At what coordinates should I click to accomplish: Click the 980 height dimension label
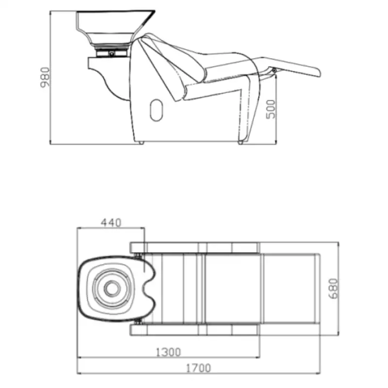pyautogui.click(x=45, y=77)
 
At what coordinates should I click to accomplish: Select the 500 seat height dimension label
pyautogui.click(x=271, y=109)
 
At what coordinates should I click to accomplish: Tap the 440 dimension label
pyautogui.click(x=111, y=223)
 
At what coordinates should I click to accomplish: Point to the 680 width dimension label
pyautogui.click(x=334, y=289)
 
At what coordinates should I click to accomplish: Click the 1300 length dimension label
pyautogui.click(x=168, y=352)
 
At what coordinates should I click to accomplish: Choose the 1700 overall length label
pyautogui.click(x=198, y=368)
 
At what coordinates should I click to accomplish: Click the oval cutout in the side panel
pyautogui.click(x=156, y=110)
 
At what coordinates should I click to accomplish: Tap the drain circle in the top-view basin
pyautogui.click(x=112, y=289)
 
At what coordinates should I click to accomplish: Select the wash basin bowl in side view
pyautogui.click(x=114, y=28)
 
